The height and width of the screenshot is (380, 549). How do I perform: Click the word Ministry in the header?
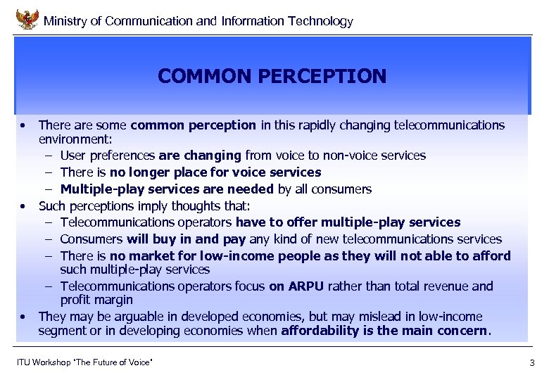tap(63, 21)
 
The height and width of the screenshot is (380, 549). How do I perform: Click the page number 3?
tap(531, 363)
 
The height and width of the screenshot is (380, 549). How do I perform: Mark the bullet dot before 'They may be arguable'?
tap(24, 317)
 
